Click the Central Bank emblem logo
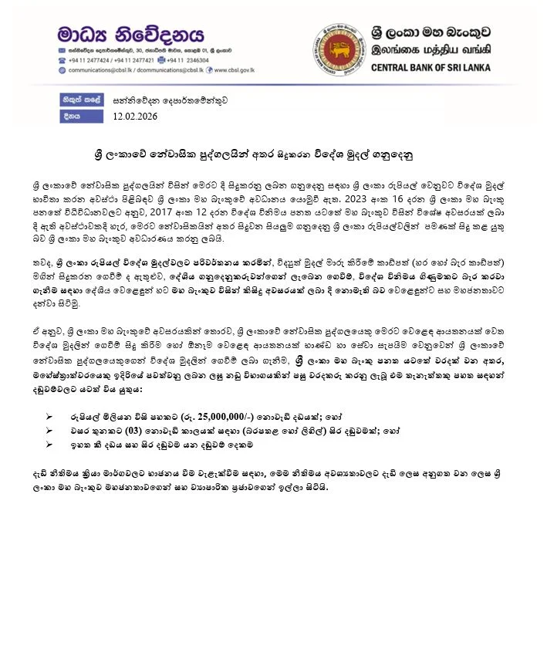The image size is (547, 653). coord(338,48)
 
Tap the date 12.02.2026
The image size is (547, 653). coord(134,117)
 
